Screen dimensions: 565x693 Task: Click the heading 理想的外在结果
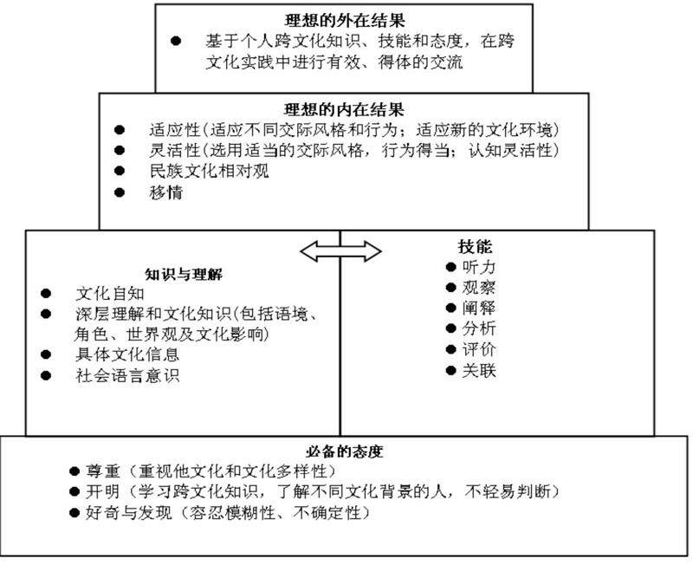pos(345,19)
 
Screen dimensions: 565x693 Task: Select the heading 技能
pos(476,246)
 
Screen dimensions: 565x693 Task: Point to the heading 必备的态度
pos(344,451)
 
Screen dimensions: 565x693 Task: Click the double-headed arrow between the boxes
pos(340,250)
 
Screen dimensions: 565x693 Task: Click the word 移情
pos(165,192)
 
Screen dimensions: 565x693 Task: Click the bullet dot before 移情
pos(120,192)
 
